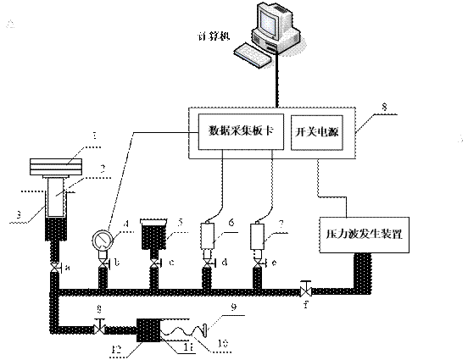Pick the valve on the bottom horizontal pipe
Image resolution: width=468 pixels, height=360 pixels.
(99, 330)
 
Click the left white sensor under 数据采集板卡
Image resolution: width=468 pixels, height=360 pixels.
(208, 235)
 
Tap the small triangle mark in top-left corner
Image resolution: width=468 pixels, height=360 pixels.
(10, 26)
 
